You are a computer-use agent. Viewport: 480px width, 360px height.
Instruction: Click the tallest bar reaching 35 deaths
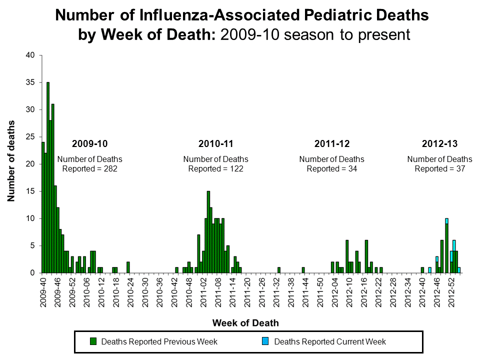pyautogui.click(x=48, y=177)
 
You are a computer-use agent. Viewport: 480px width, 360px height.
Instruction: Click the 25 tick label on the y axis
pyautogui.click(x=30, y=137)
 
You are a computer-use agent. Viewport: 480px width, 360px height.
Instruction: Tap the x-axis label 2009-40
pyautogui.click(x=44, y=292)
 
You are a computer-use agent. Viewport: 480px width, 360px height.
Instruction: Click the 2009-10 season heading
pyautogui.click(x=89, y=144)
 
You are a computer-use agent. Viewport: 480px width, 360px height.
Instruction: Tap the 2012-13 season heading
pyautogui.click(x=439, y=144)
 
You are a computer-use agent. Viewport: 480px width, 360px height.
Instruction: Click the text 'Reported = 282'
pyautogui.click(x=89, y=169)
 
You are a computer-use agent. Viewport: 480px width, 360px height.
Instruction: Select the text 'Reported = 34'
pyautogui.click(x=331, y=169)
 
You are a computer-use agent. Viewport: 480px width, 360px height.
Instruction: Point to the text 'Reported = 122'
pyautogui.click(x=215, y=169)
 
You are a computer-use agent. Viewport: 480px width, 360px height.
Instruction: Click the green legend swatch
pyautogui.click(x=93, y=342)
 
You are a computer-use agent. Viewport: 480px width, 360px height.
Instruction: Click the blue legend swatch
pyautogui.click(x=265, y=342)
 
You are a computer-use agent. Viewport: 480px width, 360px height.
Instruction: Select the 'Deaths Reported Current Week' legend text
pyautogui.click(x=330, y=342)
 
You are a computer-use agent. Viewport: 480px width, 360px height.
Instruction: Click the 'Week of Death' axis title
pyautogui.click(x=245, y=322)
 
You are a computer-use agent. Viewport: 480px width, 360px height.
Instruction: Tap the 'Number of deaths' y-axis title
pyautogui.click(x=10, y=161)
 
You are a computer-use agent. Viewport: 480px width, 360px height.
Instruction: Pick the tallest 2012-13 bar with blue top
pyautogui.click(x=446, y=245)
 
